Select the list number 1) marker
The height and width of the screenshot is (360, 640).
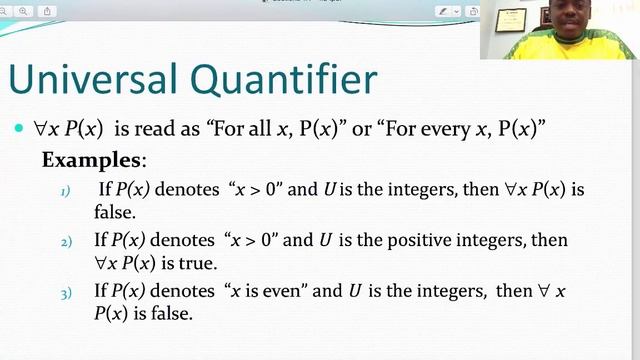pyautogui.click(x=67, y=190)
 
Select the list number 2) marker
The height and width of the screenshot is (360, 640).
pyautogui.click(x=67, y=243)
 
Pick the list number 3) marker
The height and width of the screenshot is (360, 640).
pyautogui.click(x=67, y=294)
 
